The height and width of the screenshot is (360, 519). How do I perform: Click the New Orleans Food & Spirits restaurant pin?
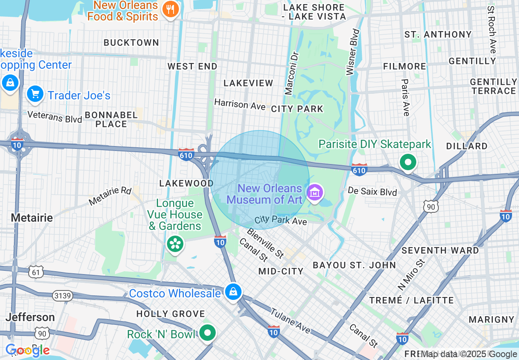[x=169, y=9]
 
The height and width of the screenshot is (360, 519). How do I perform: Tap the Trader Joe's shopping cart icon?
[x=35, y=94]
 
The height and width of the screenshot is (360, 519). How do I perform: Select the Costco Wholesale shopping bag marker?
[x=233, y=292]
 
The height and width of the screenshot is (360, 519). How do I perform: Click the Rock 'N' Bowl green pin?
[x=208, y=333]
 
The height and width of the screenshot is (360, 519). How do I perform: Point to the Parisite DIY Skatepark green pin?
[x=408, y=162]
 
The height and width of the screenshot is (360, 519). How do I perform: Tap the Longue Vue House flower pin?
[x=175, y=244]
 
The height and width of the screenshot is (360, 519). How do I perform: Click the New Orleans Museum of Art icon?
[x=315, y=193]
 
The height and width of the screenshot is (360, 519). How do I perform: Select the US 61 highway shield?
[x=36, y=272]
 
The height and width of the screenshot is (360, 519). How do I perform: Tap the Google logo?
[x=28, y=350]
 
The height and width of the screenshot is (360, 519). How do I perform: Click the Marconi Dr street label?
[x=292, y=74]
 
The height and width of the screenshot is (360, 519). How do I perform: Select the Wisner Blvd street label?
[x=353, y=52]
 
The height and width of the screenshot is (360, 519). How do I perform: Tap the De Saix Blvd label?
[x=372, y=191]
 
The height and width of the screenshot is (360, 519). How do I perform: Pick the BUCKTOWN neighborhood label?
[x=131, y=43]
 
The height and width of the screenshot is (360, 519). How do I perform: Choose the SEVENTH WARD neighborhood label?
[x=440, y=250]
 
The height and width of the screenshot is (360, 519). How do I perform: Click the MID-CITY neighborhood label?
[x=281, y=271]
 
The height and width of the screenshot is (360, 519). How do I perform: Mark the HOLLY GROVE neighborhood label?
[x=171, y=314]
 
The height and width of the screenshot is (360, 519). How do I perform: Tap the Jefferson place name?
[x=30, y=317]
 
